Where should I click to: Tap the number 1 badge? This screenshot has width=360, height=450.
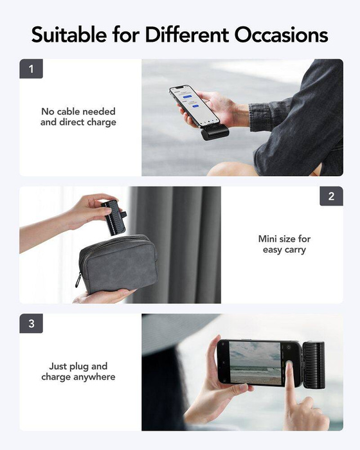[31, 69]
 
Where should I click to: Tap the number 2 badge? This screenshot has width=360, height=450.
[331, 196]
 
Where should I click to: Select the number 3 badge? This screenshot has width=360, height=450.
[31, 323]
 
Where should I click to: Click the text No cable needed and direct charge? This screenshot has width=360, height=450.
[78, 116]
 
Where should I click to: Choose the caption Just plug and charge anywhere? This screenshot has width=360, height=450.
[78, 372]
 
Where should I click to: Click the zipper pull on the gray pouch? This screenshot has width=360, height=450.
[78, 280]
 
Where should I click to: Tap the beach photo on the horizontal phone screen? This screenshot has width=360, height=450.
[255, 363]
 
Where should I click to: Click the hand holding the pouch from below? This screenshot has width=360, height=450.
[103, 296]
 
